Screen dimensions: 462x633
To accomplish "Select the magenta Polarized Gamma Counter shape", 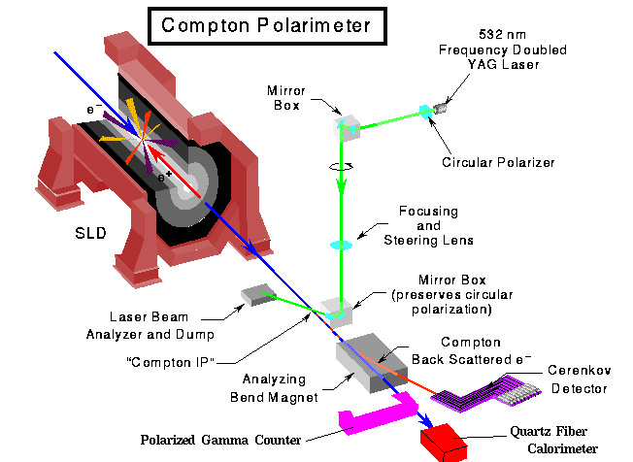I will pos(370,418).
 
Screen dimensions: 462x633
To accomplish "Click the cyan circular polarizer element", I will pos(425,113).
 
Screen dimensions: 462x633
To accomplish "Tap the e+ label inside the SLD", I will pos(166,178).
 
